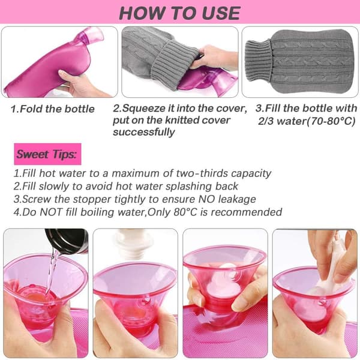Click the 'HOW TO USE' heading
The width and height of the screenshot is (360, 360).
[x=180, y=13]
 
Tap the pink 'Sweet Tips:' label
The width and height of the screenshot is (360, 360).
[x=47, y=154]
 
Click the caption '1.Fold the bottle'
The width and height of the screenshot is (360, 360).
[x=53, y=109]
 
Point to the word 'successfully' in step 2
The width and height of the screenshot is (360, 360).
[x=144, y=132]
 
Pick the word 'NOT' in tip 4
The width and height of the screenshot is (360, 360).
[x=51, y=212]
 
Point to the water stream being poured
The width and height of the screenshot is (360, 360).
[x=52, y=272]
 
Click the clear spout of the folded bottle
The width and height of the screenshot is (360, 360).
[x=90, y=37]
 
